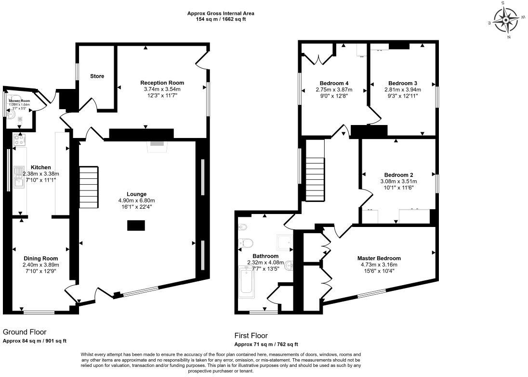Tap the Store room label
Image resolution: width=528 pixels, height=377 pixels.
pos(97,76)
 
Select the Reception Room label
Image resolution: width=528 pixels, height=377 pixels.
pos(162,83)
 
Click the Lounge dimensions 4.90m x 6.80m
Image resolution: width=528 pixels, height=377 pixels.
pos(137,201)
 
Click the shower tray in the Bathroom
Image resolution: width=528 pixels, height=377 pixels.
pos(284,243)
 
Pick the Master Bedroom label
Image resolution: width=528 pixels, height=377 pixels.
pos(379,258)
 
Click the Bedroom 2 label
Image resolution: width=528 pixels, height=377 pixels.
pos(398,175)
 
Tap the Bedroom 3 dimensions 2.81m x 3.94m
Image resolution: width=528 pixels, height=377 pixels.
pos(402,89)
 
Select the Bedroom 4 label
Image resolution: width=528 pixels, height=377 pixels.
pos(334,83)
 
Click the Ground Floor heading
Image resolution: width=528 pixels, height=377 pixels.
pos(25,332)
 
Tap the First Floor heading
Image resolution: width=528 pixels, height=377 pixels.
pos(251,336)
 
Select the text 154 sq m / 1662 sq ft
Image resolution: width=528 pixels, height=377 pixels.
pos(221,19)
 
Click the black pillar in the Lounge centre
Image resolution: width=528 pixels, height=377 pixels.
pos(136,225)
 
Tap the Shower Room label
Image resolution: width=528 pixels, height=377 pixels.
pos(19,101)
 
